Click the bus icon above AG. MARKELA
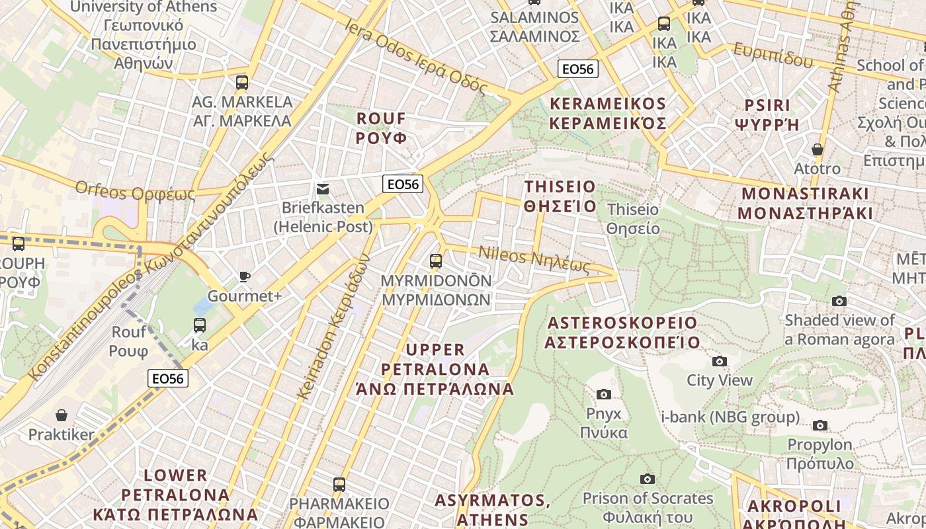[242, 83]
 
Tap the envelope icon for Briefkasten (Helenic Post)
[323, 189]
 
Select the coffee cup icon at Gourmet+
[245, 276]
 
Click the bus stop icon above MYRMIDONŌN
[435, 261]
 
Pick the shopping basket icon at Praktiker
[62, 415]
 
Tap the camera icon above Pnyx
[603, 394]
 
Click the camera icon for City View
[719, 361]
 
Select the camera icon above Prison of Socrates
[648, 479]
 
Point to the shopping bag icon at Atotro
[818, 149]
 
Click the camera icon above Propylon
[820, 425]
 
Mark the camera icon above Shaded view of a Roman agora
[839, 302]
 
